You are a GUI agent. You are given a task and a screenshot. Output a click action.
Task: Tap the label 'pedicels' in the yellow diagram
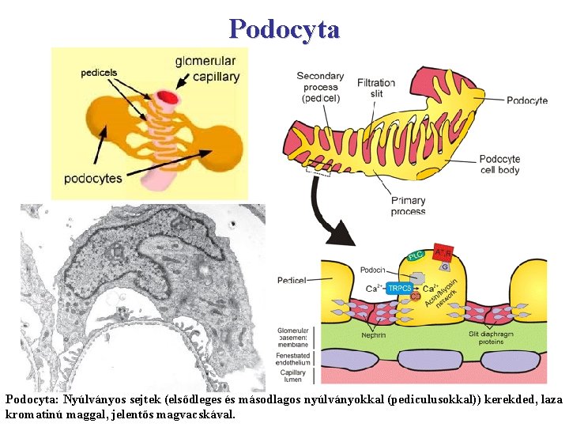99,73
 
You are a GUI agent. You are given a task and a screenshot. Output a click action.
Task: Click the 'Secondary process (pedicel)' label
318,87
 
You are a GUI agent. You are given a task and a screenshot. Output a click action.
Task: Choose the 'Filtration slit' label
376,88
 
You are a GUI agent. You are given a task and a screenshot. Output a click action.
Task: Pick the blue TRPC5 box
399,289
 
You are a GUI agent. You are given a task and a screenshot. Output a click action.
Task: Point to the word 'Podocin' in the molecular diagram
373,270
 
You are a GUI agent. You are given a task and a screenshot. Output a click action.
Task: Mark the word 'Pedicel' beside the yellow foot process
292,280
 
